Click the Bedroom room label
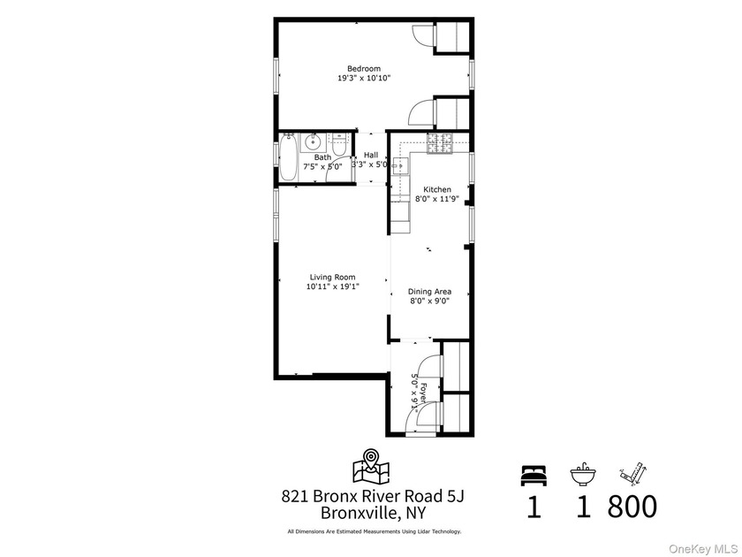[x=364, y=69]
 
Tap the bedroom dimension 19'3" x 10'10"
[x=364, y=78]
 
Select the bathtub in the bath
[x=288, y=157]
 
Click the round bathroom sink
[x=313, y=141]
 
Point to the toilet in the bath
[x=338, y=144]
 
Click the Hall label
[x=371, y=155]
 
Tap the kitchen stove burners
[x=440, y=143]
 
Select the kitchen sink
[x=400, y=166]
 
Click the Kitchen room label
[x=436, y=189]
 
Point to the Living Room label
[x=333, y=277]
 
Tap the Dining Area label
[x=429, y=292]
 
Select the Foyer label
[x=423, y=391]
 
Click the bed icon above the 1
[x=534, y=475]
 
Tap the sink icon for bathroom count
[x=583, y=474]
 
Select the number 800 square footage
[x=632, y=506]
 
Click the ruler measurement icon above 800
[x=633, y=473]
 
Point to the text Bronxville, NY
[x=373, y=513]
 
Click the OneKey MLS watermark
[x=703, y=549]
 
